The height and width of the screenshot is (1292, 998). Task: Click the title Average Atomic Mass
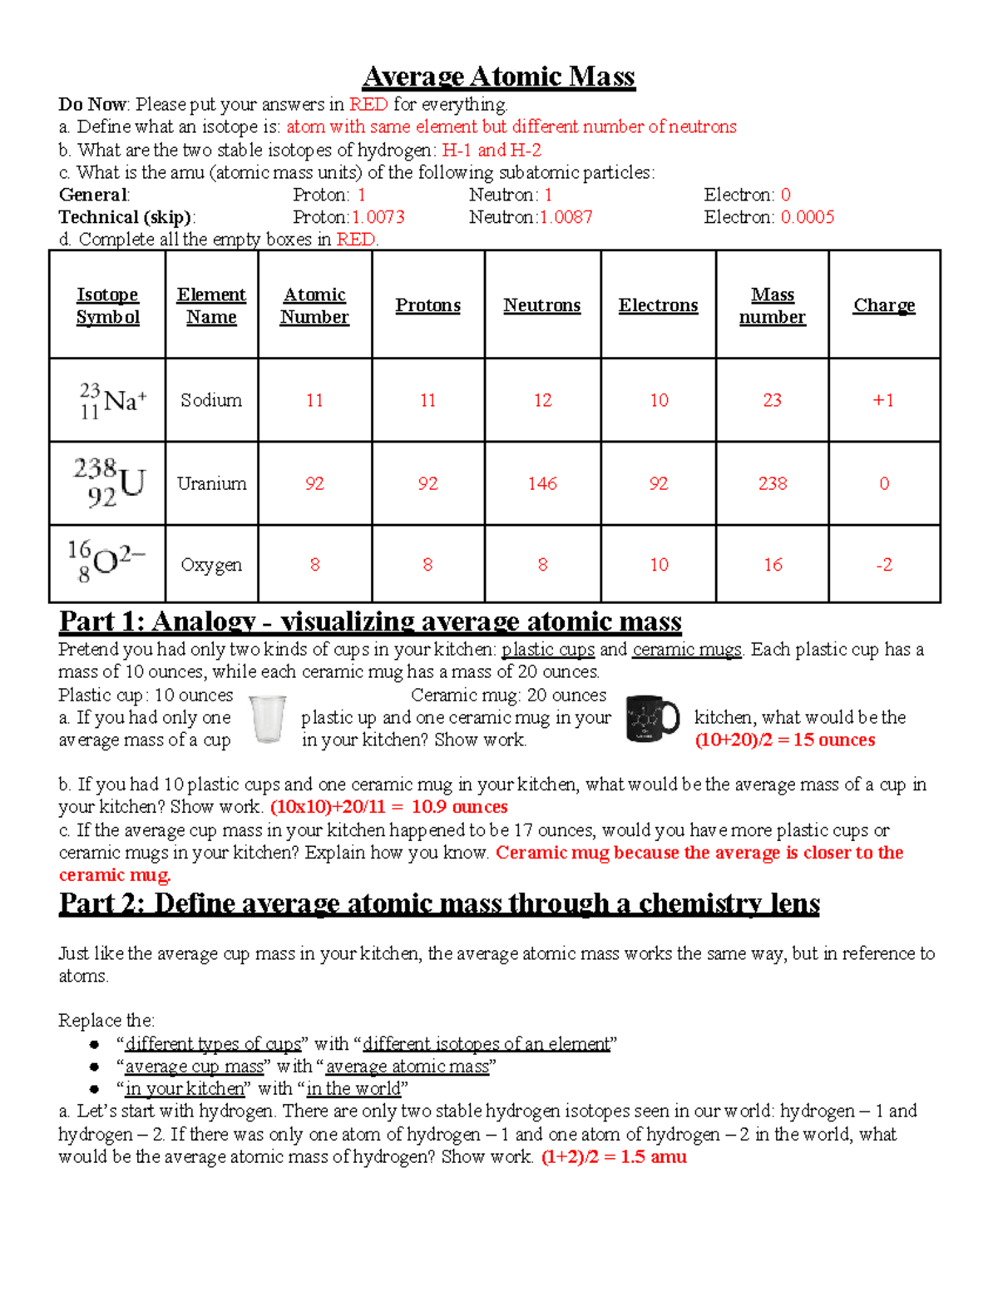(498, 77)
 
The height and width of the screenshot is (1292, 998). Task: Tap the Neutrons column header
(541, 305)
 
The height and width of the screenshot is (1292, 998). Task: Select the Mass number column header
(772, 305)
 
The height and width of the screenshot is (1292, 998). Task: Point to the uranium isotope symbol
(109, 483)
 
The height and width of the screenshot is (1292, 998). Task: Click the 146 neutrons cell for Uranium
(542, 483)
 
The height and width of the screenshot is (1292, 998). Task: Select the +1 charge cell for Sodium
(883, 400)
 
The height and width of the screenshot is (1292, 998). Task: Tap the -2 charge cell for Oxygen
(884, 565)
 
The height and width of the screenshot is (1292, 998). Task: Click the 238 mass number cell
(772, 483)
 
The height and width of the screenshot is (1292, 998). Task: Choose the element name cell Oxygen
(211, 565)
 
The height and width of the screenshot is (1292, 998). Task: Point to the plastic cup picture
(268, 719)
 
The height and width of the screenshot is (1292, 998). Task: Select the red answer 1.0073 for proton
(378, 217)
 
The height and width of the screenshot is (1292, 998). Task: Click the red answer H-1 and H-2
(492, 150)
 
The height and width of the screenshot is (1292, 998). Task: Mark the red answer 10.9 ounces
(459, 807)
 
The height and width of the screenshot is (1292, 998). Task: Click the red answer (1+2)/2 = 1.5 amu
(614, 1156)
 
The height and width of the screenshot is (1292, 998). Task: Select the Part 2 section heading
(439, 903)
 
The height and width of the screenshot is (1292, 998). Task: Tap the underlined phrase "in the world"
(353, 1088)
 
